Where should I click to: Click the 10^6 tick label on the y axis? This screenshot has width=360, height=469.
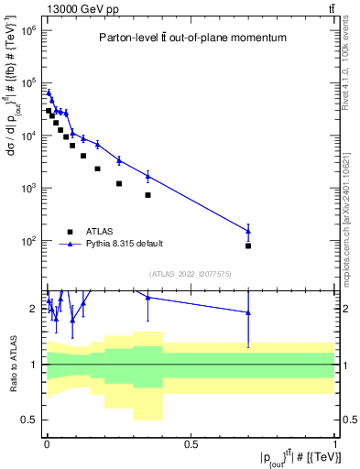click(x=27, y=30)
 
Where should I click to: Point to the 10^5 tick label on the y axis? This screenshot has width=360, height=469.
click(x=27, y=83)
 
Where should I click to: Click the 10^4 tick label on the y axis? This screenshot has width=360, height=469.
click(x=27, y=136)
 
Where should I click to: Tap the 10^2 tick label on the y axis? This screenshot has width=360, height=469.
click(x=27, y=241)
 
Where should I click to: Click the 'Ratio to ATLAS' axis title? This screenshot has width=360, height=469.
click(x=12, y=364)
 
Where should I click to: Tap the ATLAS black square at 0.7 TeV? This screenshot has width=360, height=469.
click(x=248, y=245)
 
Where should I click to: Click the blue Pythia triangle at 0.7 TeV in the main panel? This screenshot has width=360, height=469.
click(x=248, y=231)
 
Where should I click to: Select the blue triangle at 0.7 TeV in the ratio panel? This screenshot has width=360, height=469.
click(x=248, y=313)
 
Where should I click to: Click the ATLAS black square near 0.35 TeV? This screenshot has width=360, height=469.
click(x=147, y=195)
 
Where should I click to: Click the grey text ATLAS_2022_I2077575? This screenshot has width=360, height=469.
click(x=191, y=273)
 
